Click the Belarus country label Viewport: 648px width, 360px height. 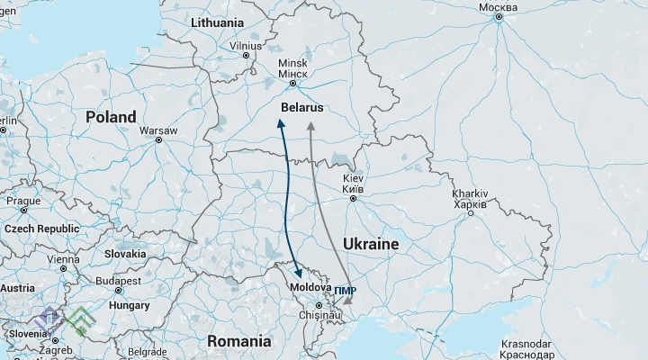pyautogui.click(x=301, y=107)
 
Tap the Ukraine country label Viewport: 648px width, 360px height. pyautogui.click(x=370, y=244)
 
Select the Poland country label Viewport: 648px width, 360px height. pyautogui.click(x=111, y=117)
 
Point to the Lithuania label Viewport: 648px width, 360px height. pyautogui.click(x=217, y=22)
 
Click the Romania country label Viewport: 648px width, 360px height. pyautogui.click(x=238, y=341)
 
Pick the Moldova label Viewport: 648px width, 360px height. pyautogui.click(x=310, y=287)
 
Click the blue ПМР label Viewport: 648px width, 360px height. pyautogui.click(x=345, y=291)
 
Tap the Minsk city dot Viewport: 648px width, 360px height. pyautogui.click(x=292, y=84)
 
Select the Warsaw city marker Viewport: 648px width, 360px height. pyautogui.click(x=158, y=140)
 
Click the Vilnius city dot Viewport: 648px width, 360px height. pyautogui.click(x=246, y=55)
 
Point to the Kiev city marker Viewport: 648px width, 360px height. pyautogui.click(x=353, y=199)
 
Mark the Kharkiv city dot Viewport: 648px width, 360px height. pyautogui.click(x=470, y=212)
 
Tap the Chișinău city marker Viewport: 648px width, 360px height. pyautogui.click(x=318, y=306)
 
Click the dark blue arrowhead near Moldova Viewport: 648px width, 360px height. pyautogui.click(x=300, y=273)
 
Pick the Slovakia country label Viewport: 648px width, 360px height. pyautogui.click(x=124, y=254)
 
